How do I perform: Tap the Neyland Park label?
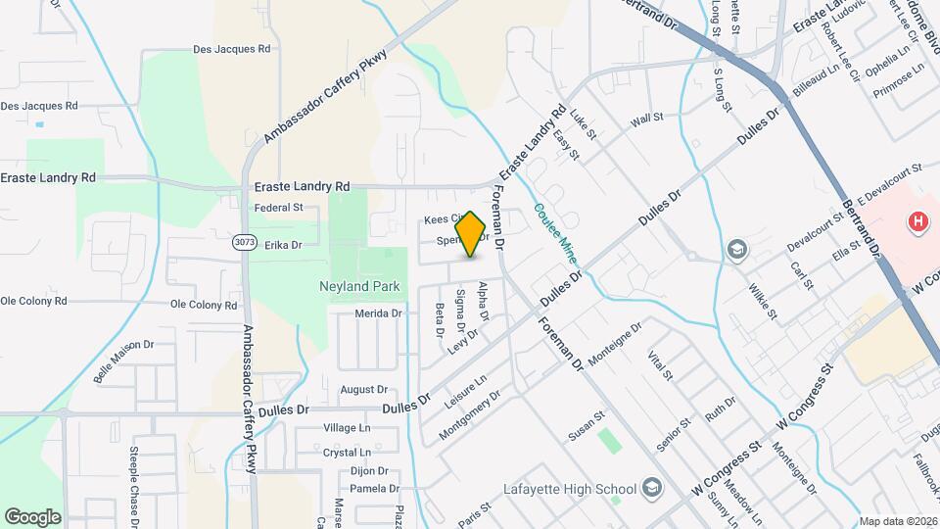(361, 287)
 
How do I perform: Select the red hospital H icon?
(918, 222)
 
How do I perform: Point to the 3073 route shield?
(245, 241)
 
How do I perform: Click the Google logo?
(32, 516)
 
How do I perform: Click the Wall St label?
(647, 118)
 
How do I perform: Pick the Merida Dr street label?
(379, 313)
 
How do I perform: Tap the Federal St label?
(279, 208)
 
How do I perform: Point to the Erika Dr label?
(283, 245)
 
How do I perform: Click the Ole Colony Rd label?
(204, 305)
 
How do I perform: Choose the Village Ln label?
(348, 428)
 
